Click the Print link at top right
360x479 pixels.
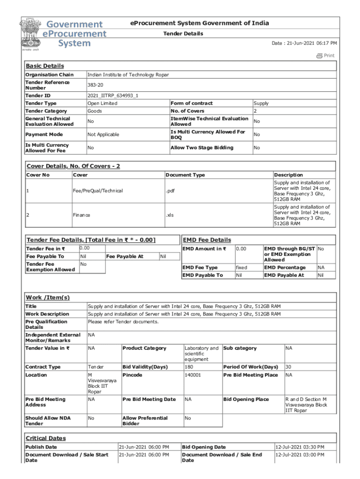point(326,56)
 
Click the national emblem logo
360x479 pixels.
point(30,34)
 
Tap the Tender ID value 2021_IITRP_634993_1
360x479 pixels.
point(113,95)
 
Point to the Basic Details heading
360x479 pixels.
point(45,66)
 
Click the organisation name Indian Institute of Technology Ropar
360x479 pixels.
point(128,75)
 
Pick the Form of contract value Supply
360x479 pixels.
point(261,103)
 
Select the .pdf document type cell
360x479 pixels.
point(171,191)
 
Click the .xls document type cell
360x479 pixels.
point(170,215)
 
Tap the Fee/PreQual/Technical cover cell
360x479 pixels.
point(98,191)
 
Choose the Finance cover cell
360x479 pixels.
point(81,215)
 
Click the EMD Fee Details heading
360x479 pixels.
point(207,240)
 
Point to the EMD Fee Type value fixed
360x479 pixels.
point(242,268)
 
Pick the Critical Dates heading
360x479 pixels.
point(45,438)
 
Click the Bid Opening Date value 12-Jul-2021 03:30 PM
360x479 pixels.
point(300,447)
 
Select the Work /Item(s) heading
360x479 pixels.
point(48,298)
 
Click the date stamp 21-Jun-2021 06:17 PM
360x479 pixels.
point(304,43)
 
